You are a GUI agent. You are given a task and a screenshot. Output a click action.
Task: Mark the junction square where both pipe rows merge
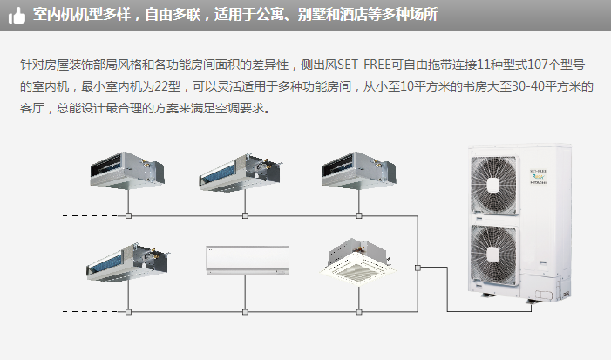tap(418, 267)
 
